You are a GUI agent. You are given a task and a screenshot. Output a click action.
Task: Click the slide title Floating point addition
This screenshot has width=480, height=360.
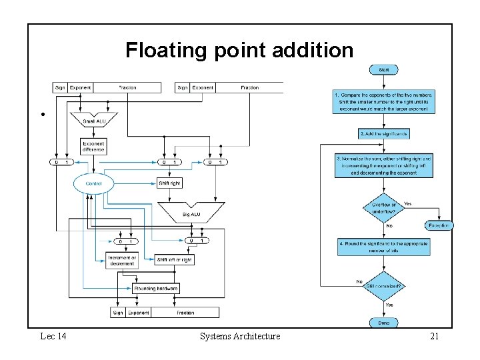pos(239,50)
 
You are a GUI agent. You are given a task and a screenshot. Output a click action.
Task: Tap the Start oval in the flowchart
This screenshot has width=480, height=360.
pos(384,69)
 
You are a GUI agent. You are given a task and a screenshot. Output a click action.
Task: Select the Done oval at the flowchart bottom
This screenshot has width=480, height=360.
pos(384,323)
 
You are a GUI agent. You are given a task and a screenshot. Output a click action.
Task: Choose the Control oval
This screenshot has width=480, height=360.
pos(93,183)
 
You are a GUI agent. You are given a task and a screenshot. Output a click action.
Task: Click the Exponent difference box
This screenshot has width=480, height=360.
pos(93,147)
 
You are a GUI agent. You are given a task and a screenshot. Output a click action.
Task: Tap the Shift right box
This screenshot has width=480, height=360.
pos(169,183)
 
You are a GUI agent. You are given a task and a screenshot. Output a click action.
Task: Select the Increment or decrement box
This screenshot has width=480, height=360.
pos(122,260)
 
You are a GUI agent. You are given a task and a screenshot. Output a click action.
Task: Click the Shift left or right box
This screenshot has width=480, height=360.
pos(174,260)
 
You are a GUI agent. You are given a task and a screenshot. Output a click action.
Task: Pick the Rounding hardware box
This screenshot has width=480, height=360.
pos(156,289)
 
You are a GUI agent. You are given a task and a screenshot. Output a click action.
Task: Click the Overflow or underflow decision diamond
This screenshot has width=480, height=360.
pos(384,208)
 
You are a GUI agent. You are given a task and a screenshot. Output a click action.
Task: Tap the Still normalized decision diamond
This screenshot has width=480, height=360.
pos(384,286)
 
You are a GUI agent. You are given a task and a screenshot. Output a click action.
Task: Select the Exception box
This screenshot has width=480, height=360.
pos(439,225)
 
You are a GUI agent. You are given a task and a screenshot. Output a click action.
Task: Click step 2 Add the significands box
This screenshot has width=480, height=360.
pos(384,133)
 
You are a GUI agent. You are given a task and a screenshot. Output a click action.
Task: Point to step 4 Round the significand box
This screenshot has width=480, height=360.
pos(384,247)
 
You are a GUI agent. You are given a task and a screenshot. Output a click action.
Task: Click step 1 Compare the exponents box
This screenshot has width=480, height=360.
pos(384,101)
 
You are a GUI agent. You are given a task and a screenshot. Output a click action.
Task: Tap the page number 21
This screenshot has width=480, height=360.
pos(434,337)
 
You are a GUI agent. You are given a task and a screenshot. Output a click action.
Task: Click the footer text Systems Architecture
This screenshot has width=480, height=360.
pos(240,337)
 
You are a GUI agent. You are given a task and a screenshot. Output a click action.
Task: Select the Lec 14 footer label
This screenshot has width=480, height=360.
pos(53,337)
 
